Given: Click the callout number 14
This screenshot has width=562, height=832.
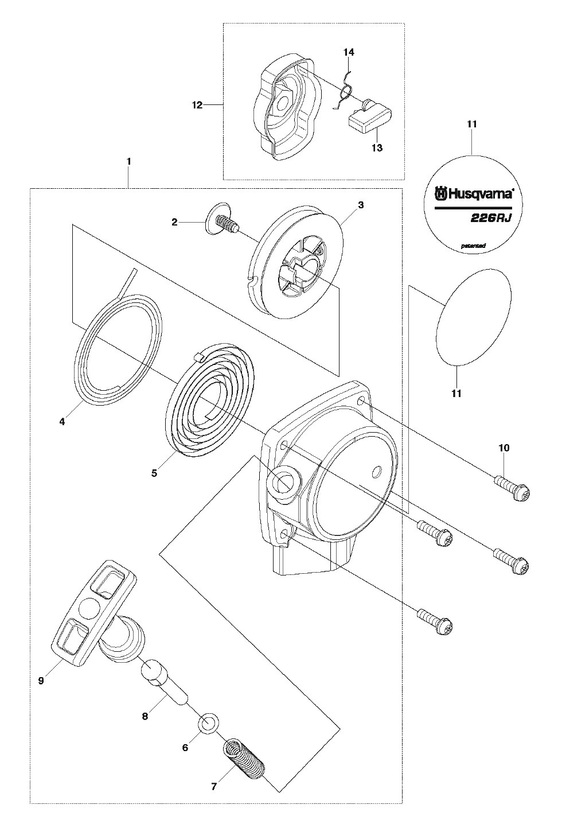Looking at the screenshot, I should point(349,52).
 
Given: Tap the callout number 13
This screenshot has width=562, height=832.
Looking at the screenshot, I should point(377,147).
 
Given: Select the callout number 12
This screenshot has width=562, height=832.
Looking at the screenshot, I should point(197,104).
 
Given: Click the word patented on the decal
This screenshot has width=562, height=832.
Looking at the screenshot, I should point(473,246).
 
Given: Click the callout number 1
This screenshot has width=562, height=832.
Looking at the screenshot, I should point(128,162).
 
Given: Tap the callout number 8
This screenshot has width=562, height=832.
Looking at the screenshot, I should point(145,716).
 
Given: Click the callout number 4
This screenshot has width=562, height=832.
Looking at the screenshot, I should point(62,422).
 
